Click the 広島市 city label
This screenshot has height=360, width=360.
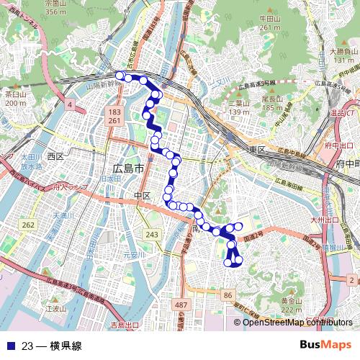pos(129,168)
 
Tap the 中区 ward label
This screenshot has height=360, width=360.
pos(142,195)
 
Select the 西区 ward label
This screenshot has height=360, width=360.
pos(55,156)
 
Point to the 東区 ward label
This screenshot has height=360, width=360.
pos(258,148)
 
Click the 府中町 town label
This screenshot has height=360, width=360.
pos(348,164)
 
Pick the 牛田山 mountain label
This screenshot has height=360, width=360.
pos(269,19)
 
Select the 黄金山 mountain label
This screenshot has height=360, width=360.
pos(291,301)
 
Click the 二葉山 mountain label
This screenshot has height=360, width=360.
pos(239,103)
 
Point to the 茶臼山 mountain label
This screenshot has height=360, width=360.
pos(15,94)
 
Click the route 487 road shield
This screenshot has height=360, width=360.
pos(181,306)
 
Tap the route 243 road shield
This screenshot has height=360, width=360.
pos(151,235)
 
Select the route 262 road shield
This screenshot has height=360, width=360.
pos(28,225)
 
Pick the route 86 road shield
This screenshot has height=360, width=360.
pos(228,295)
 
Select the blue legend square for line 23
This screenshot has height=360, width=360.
pos(9,346)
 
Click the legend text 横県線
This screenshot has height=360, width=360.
pos(66,346)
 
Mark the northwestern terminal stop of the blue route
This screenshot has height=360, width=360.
pos(120,75)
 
